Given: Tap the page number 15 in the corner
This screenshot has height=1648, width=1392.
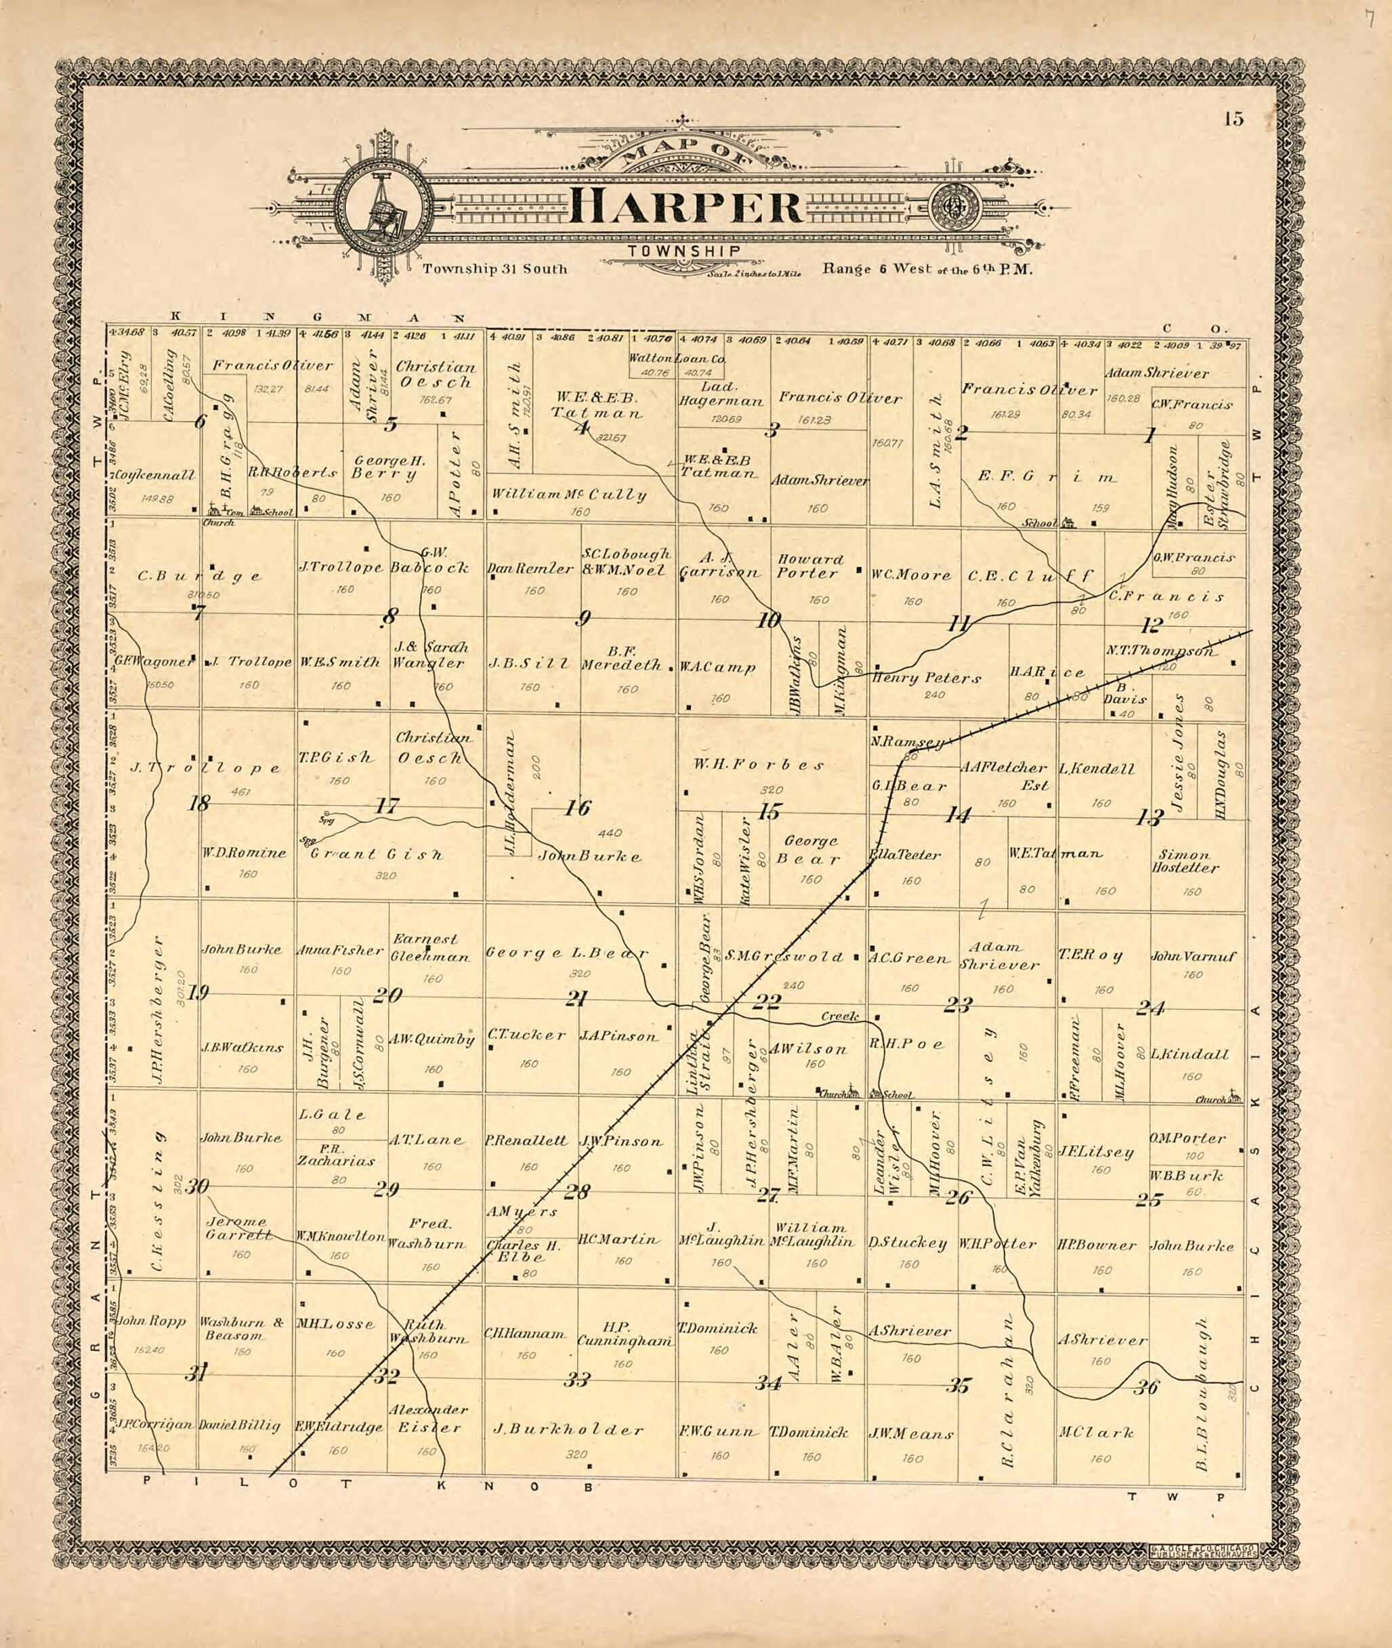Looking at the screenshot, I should click(1234, 119).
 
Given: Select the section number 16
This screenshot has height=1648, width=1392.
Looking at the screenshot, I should click(577, 808).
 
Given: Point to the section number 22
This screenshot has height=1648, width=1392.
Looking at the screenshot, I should click(766, 1002).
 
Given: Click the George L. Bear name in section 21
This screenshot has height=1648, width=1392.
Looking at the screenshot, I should click(566, 953).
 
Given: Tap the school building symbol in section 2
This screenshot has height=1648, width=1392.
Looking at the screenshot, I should click(1068, 522).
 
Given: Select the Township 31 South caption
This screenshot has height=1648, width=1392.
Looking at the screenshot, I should click(494, 268).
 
